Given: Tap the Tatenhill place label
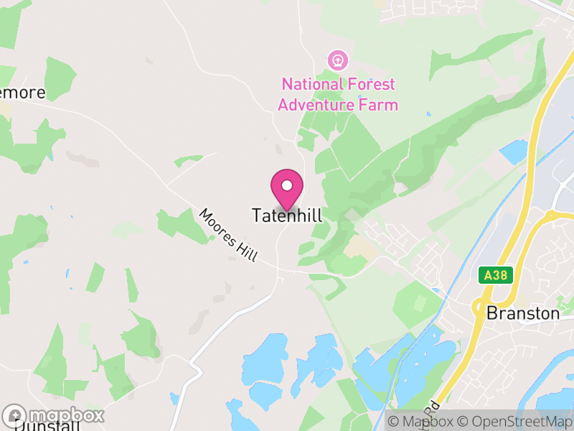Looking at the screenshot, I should [287, 215].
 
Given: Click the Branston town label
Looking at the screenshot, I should [522, 313].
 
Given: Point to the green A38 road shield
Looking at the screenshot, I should [494, 274].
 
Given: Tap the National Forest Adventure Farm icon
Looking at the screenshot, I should [337, 57].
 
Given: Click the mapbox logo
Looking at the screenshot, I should [54, 415].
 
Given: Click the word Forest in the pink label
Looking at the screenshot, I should [370, 85].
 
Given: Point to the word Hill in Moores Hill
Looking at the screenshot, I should [245, 249].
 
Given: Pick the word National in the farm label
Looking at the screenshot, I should [311, 85].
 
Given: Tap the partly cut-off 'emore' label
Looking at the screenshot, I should [23, 93].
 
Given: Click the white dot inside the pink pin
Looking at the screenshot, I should [287, 185].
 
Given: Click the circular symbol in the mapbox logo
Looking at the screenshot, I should [14, 415].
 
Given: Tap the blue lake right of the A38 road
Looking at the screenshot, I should [513, 152].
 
